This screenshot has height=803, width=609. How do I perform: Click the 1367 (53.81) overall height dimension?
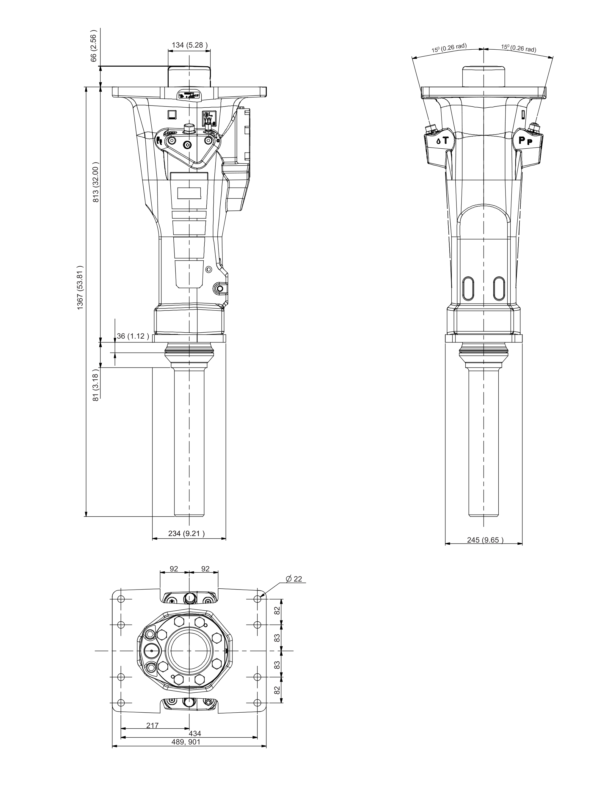80,287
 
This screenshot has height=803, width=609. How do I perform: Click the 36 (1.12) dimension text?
133,336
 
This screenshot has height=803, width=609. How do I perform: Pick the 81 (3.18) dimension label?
96,387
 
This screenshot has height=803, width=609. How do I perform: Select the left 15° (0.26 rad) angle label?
449,48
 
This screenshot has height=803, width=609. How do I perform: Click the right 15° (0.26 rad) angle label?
519,48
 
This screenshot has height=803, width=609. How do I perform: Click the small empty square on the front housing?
171,115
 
